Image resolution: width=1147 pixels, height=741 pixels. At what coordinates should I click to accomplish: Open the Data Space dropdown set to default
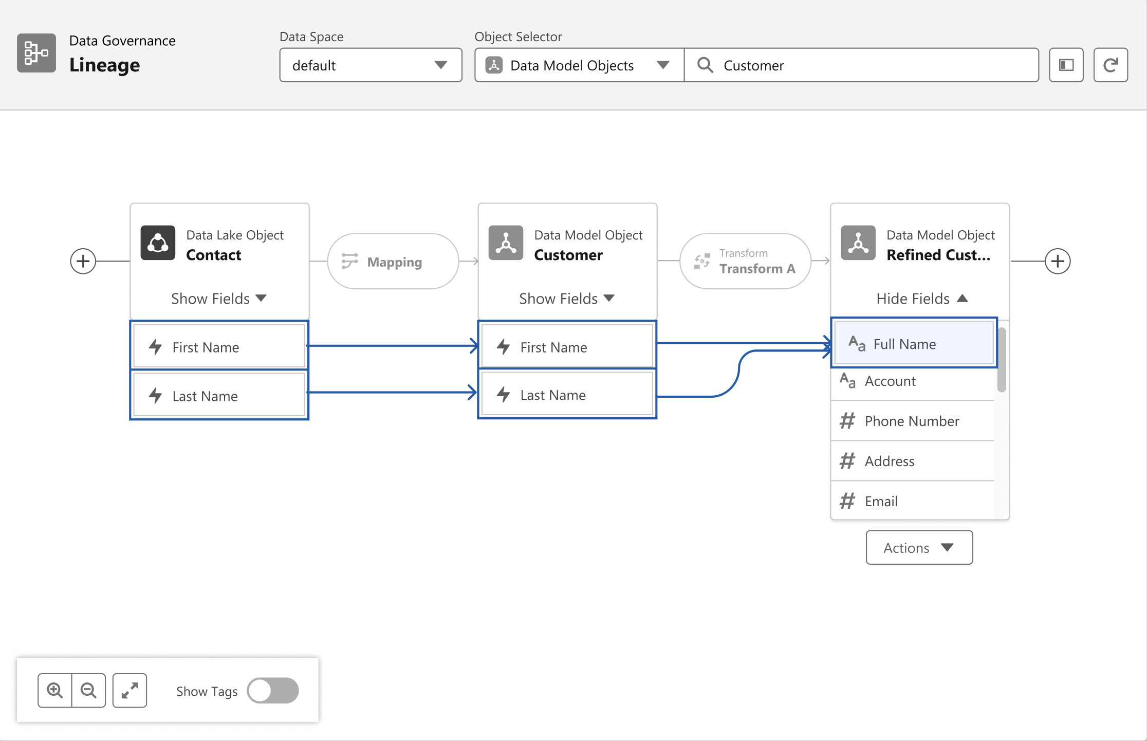[x=371, y=65]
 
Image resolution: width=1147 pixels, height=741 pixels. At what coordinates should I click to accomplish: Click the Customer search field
[x=861, y=65]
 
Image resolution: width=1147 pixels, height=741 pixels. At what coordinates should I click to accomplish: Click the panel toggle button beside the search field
[x=1066, y=65]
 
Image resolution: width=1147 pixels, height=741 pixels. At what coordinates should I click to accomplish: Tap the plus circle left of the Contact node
[x=83, y=261]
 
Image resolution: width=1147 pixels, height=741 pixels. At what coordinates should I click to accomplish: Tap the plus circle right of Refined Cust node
[x=1058, y=261]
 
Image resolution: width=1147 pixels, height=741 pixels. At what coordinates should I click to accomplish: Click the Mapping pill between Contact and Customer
[x=393, y=262]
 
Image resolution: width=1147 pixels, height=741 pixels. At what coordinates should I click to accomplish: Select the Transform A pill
[x=745, y=262]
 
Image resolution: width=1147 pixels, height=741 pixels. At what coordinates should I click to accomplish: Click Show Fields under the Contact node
[x=219, y=299]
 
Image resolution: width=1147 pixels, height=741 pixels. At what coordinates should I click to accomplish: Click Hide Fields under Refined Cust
[x=922, y=299]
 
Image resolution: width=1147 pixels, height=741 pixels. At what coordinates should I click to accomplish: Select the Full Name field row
[x=914, y=343]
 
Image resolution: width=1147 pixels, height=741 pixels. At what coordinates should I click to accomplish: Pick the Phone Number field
[x=913, y=421]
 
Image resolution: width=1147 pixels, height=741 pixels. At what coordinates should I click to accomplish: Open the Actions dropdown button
[x=919, y=547]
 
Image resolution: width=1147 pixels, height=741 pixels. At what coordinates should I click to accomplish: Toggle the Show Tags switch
[x=273, y=691]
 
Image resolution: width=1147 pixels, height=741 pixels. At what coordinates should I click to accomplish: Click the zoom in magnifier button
[x=55, y=691]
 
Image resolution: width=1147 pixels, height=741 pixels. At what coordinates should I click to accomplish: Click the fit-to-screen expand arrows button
[x=129, y=691]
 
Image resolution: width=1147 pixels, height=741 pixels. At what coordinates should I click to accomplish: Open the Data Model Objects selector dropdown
[x=579, y=65]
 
